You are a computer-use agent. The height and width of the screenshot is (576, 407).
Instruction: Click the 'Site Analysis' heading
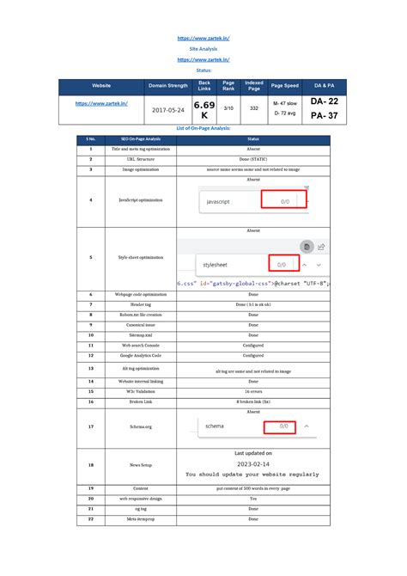(203, 50)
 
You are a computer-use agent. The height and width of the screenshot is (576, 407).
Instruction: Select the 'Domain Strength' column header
(168, 86)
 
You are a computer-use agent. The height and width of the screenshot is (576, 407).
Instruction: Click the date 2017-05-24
(168, 110)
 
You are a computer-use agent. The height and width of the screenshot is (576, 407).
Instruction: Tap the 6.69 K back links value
(204, 109)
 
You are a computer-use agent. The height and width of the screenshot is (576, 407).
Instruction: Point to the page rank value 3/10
(228, 108)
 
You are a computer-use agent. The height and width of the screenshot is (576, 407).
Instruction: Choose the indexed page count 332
(254, 108)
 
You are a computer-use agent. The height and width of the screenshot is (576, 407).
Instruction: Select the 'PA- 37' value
(324, 116)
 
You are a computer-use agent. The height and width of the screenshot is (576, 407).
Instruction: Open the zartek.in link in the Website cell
(101, 104)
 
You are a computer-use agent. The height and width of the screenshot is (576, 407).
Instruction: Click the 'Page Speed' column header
(284, 86)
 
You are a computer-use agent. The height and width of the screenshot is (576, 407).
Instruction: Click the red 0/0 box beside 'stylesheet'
(282, 264)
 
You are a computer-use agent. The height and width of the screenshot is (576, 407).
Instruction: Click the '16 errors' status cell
(253, 390)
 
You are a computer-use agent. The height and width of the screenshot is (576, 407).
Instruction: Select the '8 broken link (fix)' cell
(253, 401)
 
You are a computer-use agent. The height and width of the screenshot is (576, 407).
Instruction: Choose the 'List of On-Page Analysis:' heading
(203, 127)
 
